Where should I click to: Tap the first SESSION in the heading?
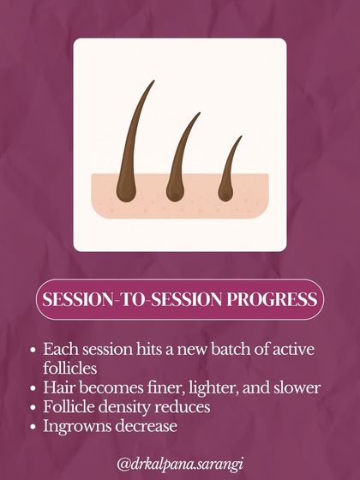(78, 301)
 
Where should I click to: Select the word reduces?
(187, 406)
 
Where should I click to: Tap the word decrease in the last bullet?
(151, 425)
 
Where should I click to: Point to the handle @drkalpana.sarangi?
(179, 463)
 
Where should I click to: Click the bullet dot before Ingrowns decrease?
(32, 425)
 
